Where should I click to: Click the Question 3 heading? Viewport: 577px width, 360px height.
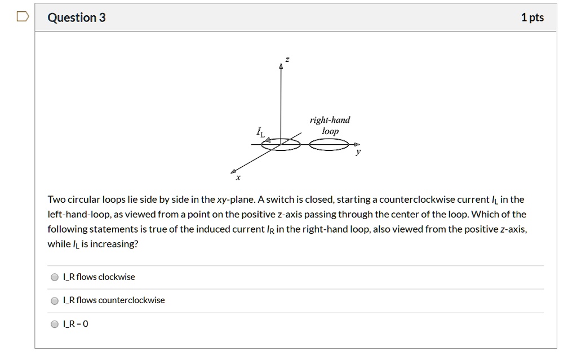(77, 17)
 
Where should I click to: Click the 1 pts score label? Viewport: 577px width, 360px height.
(532, 17)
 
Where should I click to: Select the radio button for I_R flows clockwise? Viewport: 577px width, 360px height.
(55, 277)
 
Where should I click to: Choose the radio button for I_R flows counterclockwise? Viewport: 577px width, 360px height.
(55, 301)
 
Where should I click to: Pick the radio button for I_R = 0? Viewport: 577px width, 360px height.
(55, 325)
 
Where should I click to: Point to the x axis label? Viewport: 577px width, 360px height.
(238, 179)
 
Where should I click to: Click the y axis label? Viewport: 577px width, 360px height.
(357, 153)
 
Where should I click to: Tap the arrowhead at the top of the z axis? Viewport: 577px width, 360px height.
(281, 66)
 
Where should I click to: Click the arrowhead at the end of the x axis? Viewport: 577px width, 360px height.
(234, 170)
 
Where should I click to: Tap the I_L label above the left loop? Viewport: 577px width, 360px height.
(260, 133)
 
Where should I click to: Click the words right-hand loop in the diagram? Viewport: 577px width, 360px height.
(330, 125)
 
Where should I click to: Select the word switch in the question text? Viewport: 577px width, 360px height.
(281, 199)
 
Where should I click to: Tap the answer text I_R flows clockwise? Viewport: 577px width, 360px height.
(99, 277)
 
